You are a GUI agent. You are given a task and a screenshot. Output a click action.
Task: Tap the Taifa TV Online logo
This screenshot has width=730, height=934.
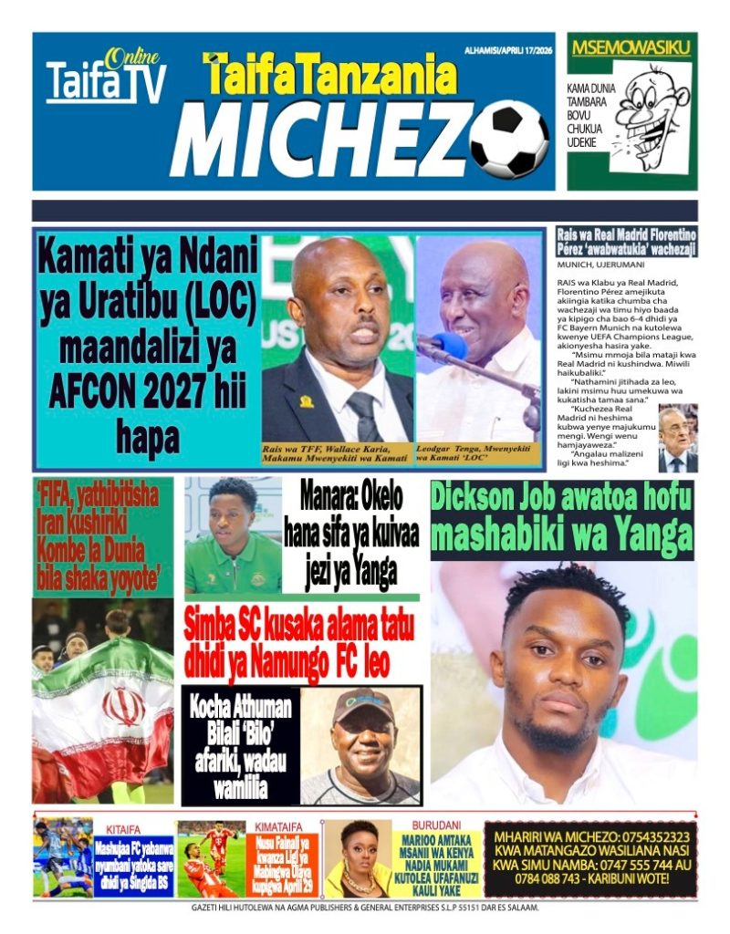click(x=106, y=78)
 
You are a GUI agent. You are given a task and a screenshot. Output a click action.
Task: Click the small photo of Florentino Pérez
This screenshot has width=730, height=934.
click(x=677, y=438)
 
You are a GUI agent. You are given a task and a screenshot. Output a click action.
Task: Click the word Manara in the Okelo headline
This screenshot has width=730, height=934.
click(x=331, y=499)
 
